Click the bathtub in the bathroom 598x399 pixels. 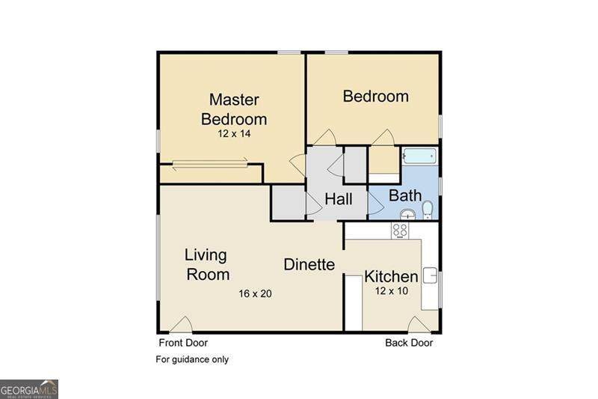(419, 156)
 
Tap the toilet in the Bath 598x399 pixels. (428, 210)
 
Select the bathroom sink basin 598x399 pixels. (408, 214)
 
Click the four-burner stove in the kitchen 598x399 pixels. (400, 231)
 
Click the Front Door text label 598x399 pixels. (183, 343)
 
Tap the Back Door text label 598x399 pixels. (409, 343)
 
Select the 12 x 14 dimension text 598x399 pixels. (234, 134)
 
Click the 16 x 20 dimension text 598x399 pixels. (255, 293)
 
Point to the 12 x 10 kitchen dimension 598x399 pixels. (391, 291)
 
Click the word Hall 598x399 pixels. (339, 199)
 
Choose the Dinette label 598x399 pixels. (309, 264)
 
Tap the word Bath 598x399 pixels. (405, 196)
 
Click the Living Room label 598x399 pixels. (207, 264)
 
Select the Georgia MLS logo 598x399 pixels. (29, 389)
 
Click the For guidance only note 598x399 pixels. (192, 359)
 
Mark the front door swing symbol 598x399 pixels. (181, 325)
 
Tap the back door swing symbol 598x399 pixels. (419, 325)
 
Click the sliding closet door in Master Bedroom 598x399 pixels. (210, 164)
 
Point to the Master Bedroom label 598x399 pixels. (234, 109)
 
